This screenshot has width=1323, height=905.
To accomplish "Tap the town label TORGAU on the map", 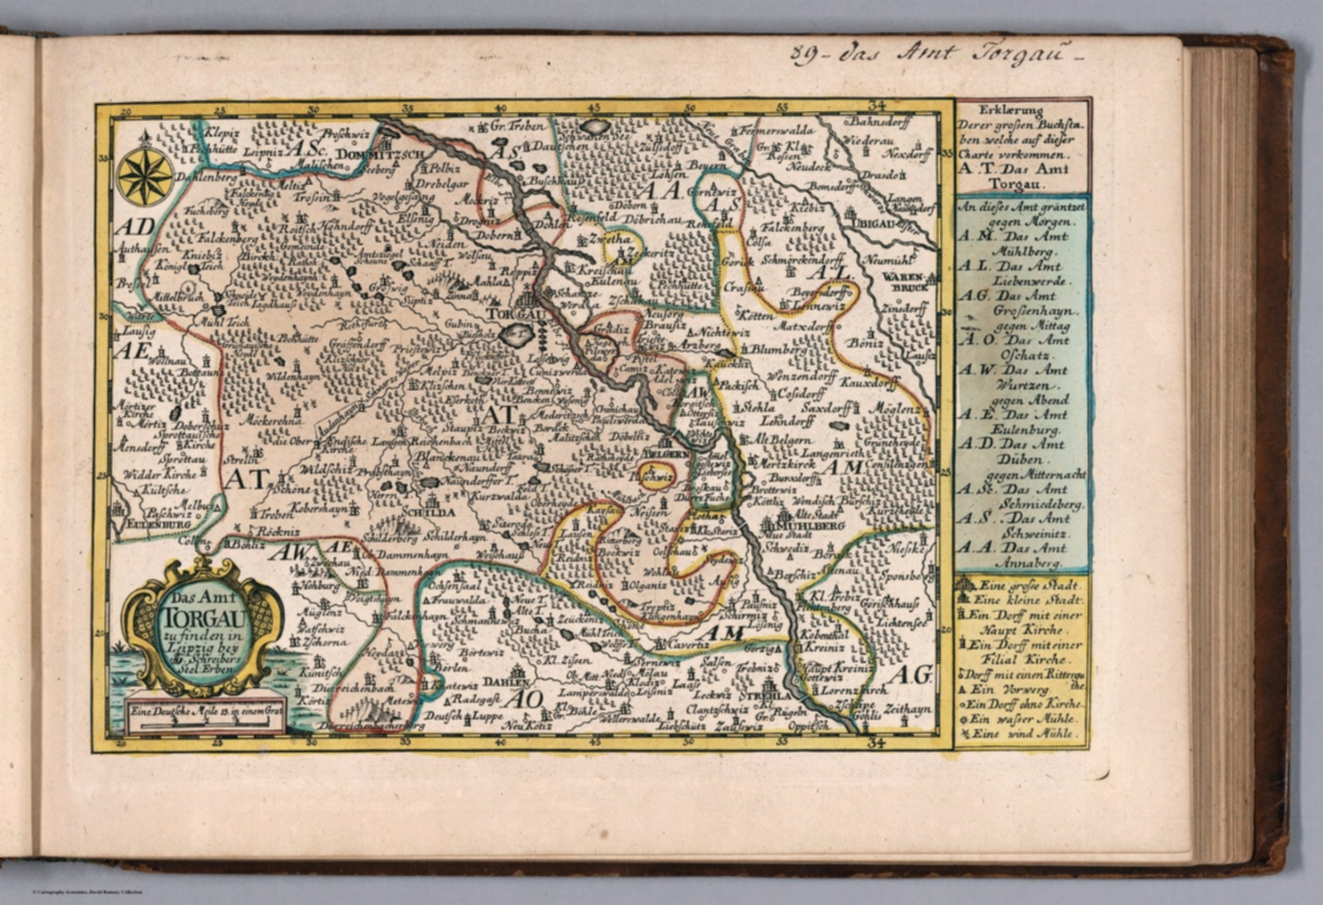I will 516,315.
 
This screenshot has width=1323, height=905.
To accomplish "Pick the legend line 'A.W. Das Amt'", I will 1013,370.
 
